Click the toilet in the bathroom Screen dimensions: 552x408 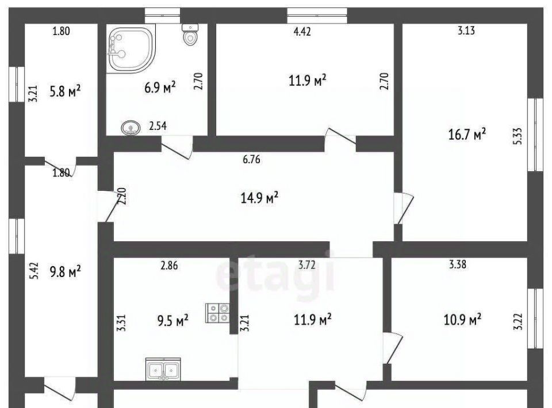190,34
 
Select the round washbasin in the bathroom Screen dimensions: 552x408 131,128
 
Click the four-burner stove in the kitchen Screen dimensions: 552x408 218,313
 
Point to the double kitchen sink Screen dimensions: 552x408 163,369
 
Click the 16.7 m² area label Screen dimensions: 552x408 467,134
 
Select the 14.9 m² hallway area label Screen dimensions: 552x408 259,198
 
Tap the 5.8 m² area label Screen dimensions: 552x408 66,91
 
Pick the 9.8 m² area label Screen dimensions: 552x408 66,272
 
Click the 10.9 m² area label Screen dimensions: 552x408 462,320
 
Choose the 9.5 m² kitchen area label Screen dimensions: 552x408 172,321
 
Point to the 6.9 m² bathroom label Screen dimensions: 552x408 160,87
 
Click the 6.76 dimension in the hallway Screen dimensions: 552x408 251,160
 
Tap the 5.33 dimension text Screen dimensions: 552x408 517,136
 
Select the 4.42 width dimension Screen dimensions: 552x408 302,32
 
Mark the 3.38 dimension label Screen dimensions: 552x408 458,264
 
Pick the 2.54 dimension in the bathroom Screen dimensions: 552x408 158,126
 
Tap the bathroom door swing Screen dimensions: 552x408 177,148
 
